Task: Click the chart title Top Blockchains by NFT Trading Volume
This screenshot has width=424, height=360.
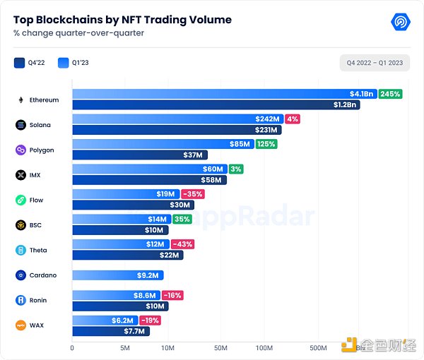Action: point(122,20)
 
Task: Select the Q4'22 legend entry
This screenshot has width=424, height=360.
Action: point(28,62)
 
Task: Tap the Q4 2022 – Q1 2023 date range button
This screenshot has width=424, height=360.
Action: point(375,63)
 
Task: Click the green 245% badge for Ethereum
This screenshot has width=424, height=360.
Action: point(389,94)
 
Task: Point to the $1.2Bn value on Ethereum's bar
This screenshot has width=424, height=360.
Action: point(346,105)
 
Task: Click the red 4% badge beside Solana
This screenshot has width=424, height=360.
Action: point(292,119)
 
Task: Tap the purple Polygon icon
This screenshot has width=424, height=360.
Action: point(21,150)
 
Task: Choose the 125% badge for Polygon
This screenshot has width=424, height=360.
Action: point(266,144)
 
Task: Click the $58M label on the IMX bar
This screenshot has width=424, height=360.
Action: point(213,180)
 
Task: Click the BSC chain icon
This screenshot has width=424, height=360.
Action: point(21,225)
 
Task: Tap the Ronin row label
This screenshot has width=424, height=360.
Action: point(38,300)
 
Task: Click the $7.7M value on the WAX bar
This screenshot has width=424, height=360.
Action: point(134,330)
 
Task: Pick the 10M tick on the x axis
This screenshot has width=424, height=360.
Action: point(168,348)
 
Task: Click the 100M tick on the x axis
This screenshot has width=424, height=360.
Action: point(264,348)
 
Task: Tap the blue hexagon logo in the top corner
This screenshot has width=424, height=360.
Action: point(401,22)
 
